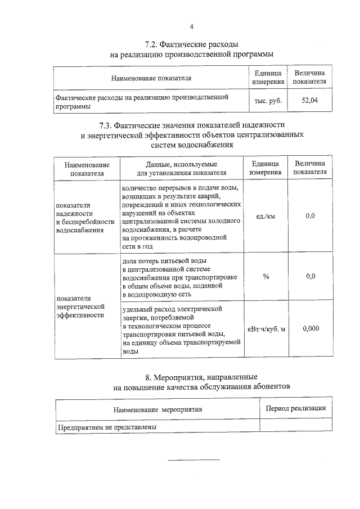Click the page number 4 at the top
point(191,26)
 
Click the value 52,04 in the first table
point(310,101)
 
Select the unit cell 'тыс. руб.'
point(268,102)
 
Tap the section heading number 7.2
point(151,44)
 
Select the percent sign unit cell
point(265,276)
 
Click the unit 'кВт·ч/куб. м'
point(266,328)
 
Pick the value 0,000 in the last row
point(310,328)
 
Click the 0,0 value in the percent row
point(310,276)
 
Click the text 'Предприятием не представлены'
point(107,427)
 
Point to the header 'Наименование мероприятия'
point(157,410)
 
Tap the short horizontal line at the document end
point(194,460)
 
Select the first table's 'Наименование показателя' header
point(151,78)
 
